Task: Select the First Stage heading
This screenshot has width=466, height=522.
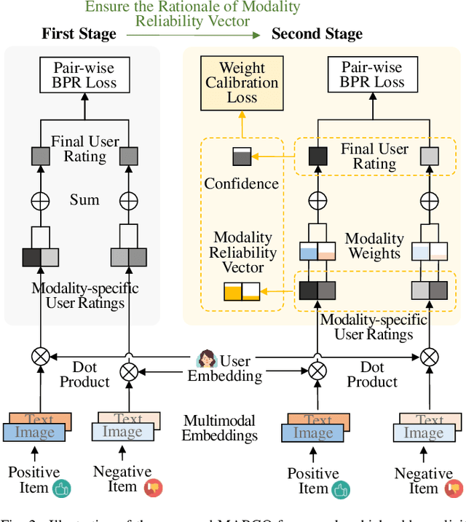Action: click(79, 34)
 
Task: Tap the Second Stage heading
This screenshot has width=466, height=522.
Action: click(317, 34)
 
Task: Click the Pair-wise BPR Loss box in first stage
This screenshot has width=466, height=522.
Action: click(84, 74)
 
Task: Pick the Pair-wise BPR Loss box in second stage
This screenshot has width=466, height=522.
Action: click(371, 74)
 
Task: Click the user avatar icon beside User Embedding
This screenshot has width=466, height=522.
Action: click(207, 360)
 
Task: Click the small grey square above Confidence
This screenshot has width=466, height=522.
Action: click(241, 157)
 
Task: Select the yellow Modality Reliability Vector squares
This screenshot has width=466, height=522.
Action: click(240, 293)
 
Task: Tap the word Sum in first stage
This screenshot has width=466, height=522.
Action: click(84, 199)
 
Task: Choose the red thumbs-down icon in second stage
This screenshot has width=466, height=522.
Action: click(453, 489)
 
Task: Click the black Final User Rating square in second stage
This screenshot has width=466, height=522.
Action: click(317, 157)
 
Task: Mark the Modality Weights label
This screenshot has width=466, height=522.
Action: click(374, 246)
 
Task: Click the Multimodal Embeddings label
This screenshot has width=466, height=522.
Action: click(220, 429)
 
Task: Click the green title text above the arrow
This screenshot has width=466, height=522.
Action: click(192, 15)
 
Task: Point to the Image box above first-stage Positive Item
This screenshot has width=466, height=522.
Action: click(35, 433)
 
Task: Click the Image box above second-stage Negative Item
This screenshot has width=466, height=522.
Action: click(424, 433)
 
